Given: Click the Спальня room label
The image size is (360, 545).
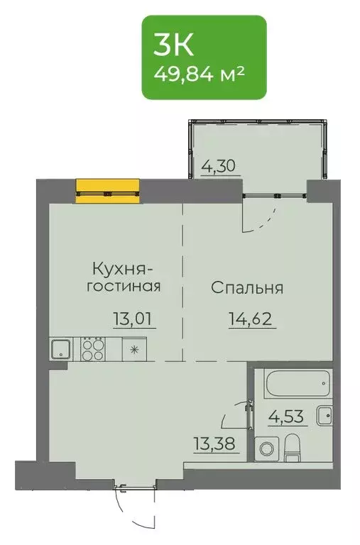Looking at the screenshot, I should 247,289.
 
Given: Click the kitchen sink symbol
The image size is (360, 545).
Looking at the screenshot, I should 60,349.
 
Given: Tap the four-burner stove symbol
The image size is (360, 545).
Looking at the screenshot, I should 92,349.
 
